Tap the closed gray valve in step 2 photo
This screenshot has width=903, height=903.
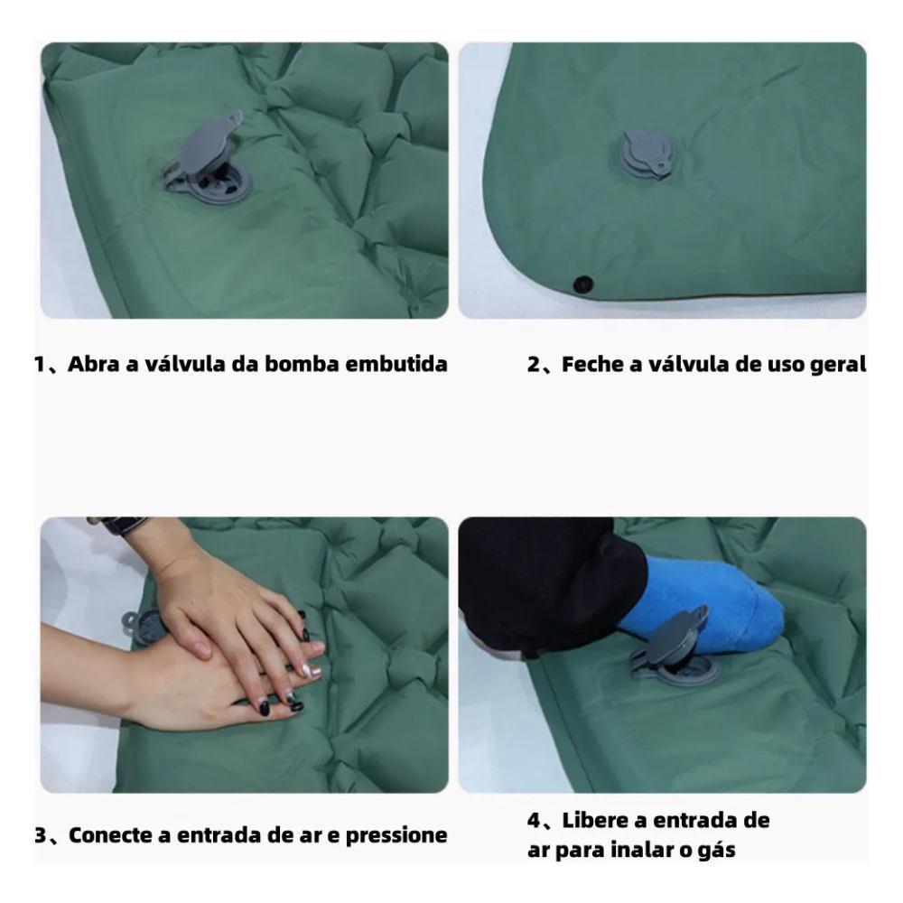tap(647, 154)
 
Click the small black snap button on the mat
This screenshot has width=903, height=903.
tap(582, 284)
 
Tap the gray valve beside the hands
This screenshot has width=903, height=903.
tap(142, 627)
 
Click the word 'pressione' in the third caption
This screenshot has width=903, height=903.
tap(396, 836)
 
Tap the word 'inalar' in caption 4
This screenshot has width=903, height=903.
tap(641, 850)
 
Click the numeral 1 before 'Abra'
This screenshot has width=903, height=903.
tap(39, 365)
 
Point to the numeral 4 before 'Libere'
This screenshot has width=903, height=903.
tap(534, 821)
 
